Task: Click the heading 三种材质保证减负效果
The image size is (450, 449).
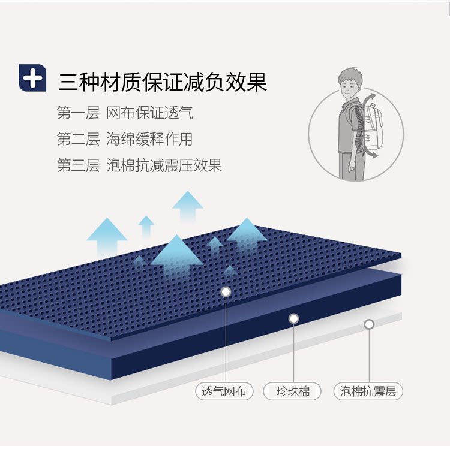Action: (x=162, y=82)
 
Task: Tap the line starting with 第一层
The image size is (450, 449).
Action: (x=125, y=113)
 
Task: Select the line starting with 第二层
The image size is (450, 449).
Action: (x=125, y=139)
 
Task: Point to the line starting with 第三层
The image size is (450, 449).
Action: (x=139, y=165)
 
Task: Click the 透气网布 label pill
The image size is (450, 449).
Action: (x=224, y=392)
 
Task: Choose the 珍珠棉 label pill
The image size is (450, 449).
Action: (x=293, y=392)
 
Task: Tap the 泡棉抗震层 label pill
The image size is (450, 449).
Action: (x=368, y=392)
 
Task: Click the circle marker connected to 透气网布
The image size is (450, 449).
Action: (x=226, y=292)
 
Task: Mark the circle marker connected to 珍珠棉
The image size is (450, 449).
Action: (x=293, y=319)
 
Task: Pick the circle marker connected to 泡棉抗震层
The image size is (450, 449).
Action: (x=369, y=324)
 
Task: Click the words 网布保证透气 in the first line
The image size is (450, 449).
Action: (x=149, y=113)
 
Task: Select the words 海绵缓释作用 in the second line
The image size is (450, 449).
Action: (x=149, y=139)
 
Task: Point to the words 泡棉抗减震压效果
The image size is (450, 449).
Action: (x=164, y=165)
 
